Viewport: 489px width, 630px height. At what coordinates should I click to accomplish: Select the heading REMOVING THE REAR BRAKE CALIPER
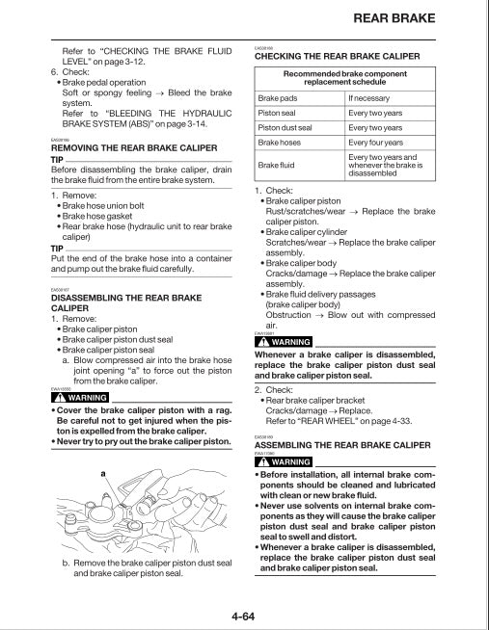coord(135,148)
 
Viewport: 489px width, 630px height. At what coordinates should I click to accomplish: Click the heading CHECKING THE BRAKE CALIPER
coord(337,57)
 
